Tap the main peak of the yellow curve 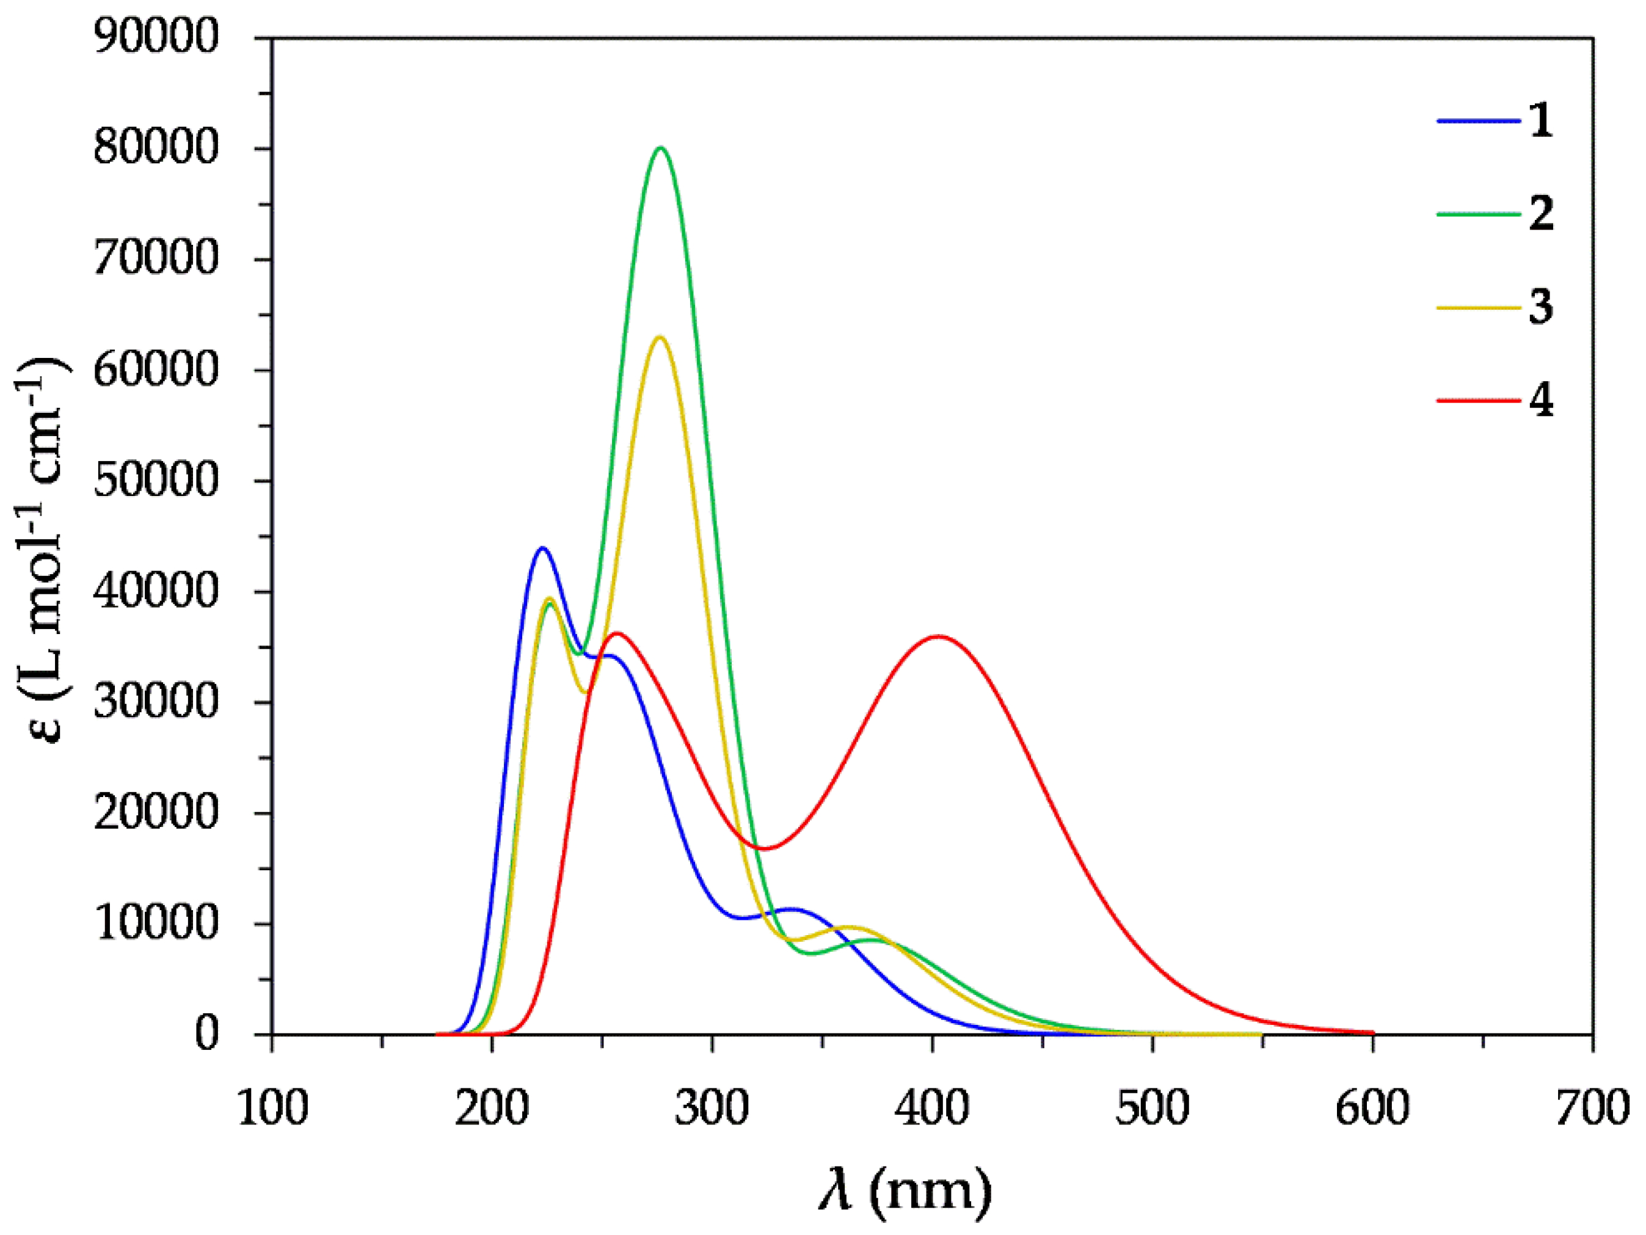point(659,337)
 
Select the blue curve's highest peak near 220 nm point(542,548)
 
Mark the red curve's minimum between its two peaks point(763,848)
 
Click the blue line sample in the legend point(1478,120)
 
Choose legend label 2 point(1541,214)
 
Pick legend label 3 point(1541,307)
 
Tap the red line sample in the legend point(1478,400)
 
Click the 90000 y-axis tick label point(156,37)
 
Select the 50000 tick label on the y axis point(156,481)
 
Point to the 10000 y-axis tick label point(156,924)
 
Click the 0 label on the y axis point(207,1035)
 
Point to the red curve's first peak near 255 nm point(616,633)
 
